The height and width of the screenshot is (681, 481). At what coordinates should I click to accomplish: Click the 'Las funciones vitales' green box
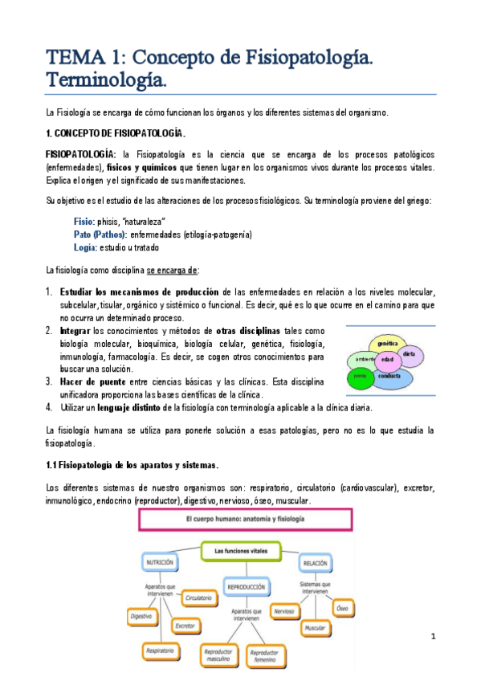pyautogui.click(x=241, y=551)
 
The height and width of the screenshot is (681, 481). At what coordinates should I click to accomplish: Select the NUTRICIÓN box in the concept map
pyautogui.click(x=160, y=563)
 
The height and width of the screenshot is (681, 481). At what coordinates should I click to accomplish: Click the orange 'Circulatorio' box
pyautogui.click(x=198, y=598)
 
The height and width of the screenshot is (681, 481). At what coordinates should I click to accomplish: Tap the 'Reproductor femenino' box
pyautogui.click(x=262, y=656)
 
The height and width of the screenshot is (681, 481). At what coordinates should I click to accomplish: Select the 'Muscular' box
pyautogui.click(x=316, y=626)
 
